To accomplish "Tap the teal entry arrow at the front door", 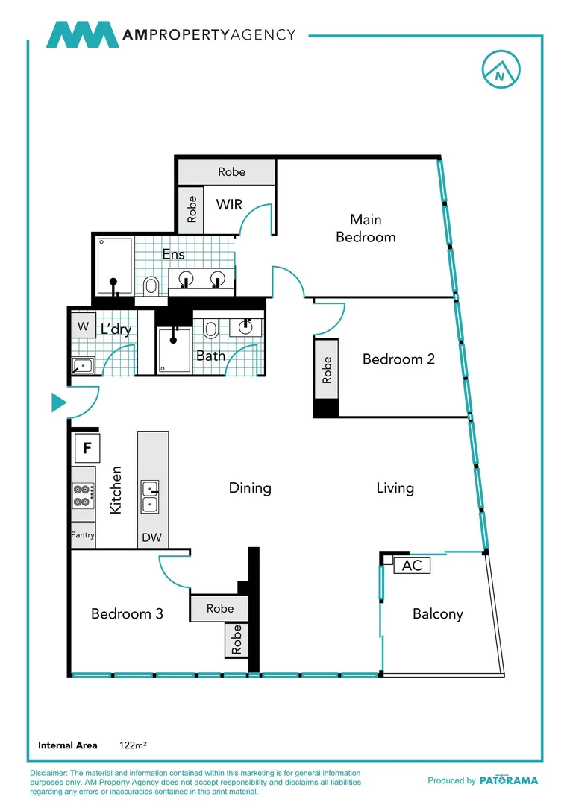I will (x=58, y=403).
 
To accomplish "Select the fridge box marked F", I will (x=87, y=449).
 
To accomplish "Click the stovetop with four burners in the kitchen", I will (x=83, y=496).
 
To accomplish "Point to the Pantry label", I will (x=83, y=535).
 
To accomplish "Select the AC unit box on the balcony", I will (x=412, y=566).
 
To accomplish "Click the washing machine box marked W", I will (x=82, y=326).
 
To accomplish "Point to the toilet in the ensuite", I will (x=151, y=285).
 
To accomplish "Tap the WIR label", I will (x=229, y=204).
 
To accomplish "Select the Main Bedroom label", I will (x=366, y=228).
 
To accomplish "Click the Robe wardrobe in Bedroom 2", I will (x=326, y=370).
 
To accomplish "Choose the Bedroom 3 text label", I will (x=127, y=614).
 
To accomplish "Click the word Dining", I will (x=250, y=488).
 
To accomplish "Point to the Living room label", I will (x=395, y=488).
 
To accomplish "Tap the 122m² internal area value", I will (x=132, y=745).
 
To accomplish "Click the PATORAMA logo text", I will (x=508, y=780).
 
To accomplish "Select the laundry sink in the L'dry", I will (x=82, y=365).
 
